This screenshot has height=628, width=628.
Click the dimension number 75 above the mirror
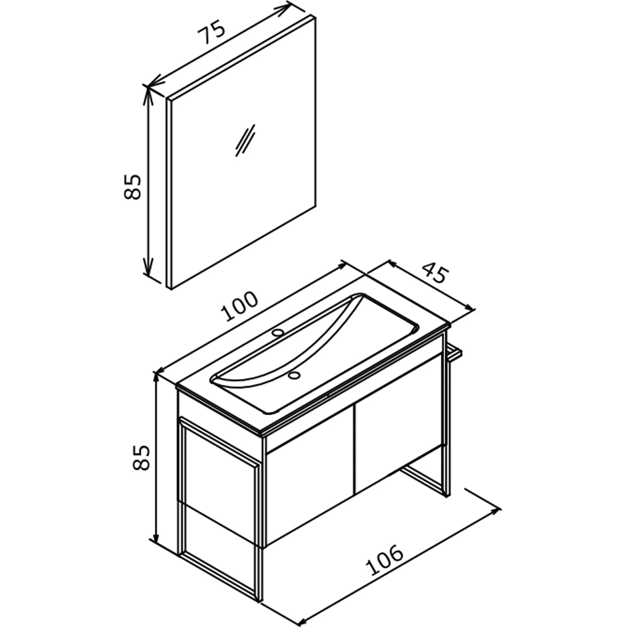pos(213,33)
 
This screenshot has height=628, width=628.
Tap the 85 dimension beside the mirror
pos(133,187)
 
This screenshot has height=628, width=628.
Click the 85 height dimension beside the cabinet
pos(141,457)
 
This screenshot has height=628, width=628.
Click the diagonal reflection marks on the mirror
pos(245,140)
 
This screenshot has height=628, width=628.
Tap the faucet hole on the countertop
pos(277,332)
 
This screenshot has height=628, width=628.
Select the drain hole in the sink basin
pos(295,376)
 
